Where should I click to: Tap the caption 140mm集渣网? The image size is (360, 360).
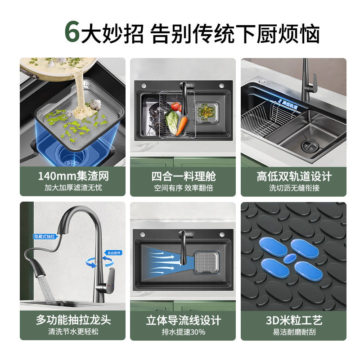coord(73,176)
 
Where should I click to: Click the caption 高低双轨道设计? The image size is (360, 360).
coord(294,176)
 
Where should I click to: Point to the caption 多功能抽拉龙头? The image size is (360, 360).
coord(73,320)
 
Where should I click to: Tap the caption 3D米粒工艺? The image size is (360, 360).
coord(294,320)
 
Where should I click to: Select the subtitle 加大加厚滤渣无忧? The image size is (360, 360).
coord(73,188)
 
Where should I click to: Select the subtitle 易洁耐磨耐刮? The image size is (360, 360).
coord(294,332)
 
